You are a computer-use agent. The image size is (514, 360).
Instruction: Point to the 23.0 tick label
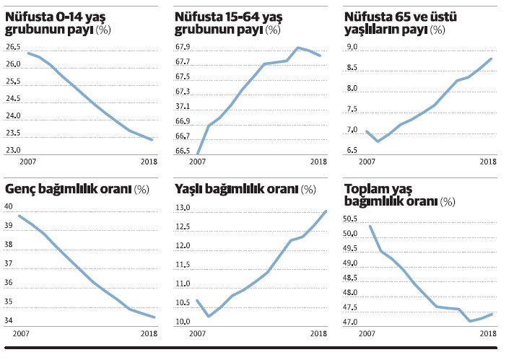[12, 150]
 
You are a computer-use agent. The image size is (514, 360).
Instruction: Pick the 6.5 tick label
[352, 150]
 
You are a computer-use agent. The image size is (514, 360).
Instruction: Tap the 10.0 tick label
[183, 322]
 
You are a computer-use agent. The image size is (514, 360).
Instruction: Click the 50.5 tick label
[352, 219]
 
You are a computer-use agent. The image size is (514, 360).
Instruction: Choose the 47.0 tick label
[352, 322]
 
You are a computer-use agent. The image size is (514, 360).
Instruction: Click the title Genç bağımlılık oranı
[68, 189]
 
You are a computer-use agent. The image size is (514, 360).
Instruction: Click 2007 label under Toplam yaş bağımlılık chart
[367, 333]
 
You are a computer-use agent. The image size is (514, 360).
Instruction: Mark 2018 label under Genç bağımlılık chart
[149, 333]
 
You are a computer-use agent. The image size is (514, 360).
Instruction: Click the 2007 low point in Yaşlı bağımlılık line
[209, 316]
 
